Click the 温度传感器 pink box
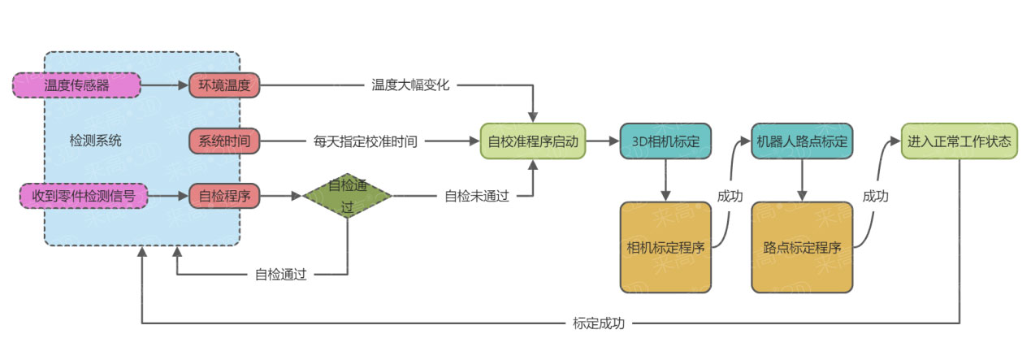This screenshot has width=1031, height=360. pos(77,85)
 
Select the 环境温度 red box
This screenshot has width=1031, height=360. pos(224,85)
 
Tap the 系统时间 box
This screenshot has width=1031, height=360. pos(224,141)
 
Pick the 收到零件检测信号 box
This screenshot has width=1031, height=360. pos(84,195)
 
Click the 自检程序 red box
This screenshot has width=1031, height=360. pos(224,195)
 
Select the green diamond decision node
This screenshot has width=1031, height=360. pos(348,195)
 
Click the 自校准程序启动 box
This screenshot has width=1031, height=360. pos(532,141)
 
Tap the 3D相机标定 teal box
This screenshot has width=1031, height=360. pos(665,141)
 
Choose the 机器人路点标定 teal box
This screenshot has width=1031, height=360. pos(802,141)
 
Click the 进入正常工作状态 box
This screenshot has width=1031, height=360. pos(959,141)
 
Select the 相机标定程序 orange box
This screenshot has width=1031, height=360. pos(665,247)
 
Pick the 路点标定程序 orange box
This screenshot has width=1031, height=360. pos(802,247)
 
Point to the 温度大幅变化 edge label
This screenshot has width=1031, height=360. pos(410,85)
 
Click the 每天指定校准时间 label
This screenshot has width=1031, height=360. pos(366,141)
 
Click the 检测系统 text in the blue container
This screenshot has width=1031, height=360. pos(96,141)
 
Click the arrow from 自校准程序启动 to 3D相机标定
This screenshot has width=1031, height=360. pos(602,141)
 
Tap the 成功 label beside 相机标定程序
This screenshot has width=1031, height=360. pos(729,196)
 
